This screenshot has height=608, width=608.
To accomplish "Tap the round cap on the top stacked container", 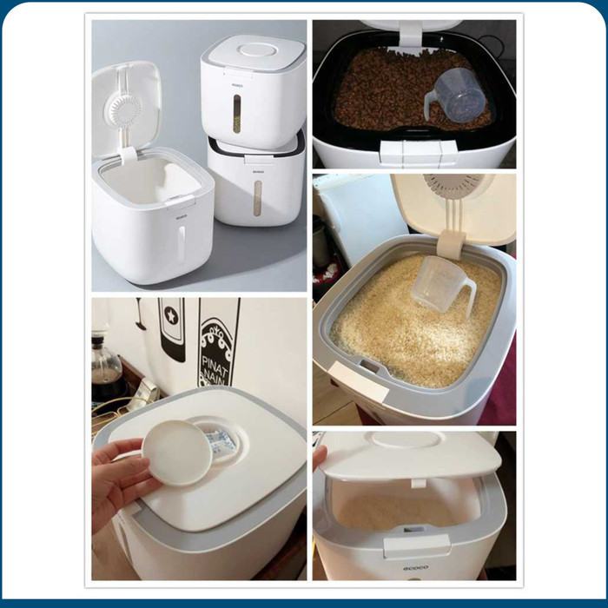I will click(254, 50).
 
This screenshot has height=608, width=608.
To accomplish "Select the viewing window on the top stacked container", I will click(237, 113).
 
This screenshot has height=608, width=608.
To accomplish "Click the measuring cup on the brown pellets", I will click(455, 94).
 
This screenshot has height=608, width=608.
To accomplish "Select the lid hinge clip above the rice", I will click(450, 244).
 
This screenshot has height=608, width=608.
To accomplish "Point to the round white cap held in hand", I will click(179, 452).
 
